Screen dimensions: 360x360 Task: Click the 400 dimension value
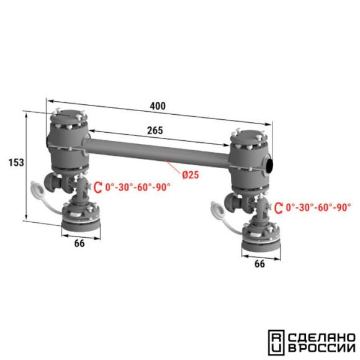click(x=158, y=106)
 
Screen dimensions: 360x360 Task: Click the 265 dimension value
click(x=155, y=130)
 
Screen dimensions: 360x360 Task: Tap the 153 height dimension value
click(x=16, y=163)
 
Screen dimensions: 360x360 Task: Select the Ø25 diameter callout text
click(x=191, y=175)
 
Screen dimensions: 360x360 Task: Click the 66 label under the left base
click(x=79, y=243)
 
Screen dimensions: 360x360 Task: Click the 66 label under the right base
click(x=259, y=264)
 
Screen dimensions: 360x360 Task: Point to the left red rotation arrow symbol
click(x=98, y=187)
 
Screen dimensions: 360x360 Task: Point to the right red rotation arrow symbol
click(x=279, y=208)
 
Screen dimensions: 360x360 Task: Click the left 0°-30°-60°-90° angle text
click(x=138, y=187)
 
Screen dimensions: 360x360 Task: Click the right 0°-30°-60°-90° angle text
click(x=318, y=207)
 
